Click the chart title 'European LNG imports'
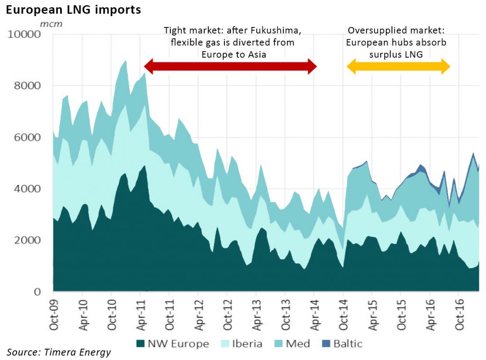pos(74,10)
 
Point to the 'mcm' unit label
pos(51,24)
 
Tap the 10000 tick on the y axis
pos(24,34)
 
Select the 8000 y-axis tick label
pos(27,85)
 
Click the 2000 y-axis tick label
pos(27,240)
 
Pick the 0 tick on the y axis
pos(37,292)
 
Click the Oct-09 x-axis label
pos(54,315)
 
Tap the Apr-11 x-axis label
pos(141,315)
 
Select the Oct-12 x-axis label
pos(227,315)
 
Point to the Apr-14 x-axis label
pos(315,315)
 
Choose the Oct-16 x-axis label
pos(459,315)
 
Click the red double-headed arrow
pos(231,66)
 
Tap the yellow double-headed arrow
pos(398,66)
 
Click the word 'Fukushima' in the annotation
pos(276,30)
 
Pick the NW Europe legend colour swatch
pos(140,343)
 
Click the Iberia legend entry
pos(242,343)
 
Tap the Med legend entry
pos(292,343)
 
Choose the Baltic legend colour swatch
pos(326,343)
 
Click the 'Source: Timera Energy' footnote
pos(58,352)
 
